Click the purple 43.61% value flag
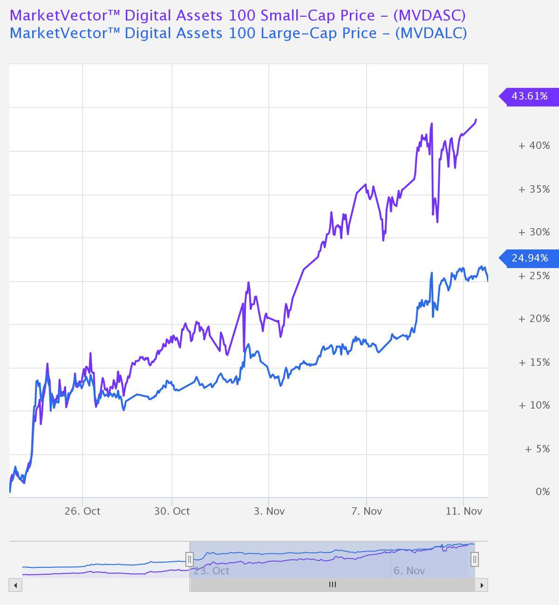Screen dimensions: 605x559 pyautogui.click(x=529, y=96)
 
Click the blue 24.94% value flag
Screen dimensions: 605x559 pyautogui.click(x=529, y=258)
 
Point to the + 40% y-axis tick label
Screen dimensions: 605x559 pyautogui.click(x=534, y=146)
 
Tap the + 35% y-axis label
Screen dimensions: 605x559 pyautogui.click(x=534, y=189)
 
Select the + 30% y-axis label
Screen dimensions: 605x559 pyautogui.click(x=534, y=232)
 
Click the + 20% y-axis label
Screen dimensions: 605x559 pyautogui.click(x=534, y=319)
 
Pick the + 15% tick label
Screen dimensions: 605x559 pyautogui.click(x=534, y=363)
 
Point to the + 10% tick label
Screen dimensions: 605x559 pyautogui.click(x=534, y=405)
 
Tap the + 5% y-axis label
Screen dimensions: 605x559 pyautogui.click(x=537, y=449)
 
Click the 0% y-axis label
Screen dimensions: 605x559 pyautogui.click(x=542, y=492)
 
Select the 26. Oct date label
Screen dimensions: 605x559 pyautogui.click(x=82, y=511)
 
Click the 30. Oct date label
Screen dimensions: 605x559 pyautogui.click(x=172, y=511)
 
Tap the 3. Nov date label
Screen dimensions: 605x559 pyautogui.click(x=269, y=511)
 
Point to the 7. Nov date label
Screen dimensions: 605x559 pyautogui.click(x=367, y=511)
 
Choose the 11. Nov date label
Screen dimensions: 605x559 pyautogui.click(x=464, y=511)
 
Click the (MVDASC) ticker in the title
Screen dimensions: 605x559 pyautogui.click(x=429, y=15)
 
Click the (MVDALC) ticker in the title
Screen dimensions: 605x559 pyautogui.click(x=430, y=33)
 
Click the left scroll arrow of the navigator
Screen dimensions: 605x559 pyautogui.click(x=15, y=585)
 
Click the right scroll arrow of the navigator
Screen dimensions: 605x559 pyautogui.click(x=482, y=585)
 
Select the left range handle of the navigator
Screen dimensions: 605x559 pyautogui.click(x=190, y=559)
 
